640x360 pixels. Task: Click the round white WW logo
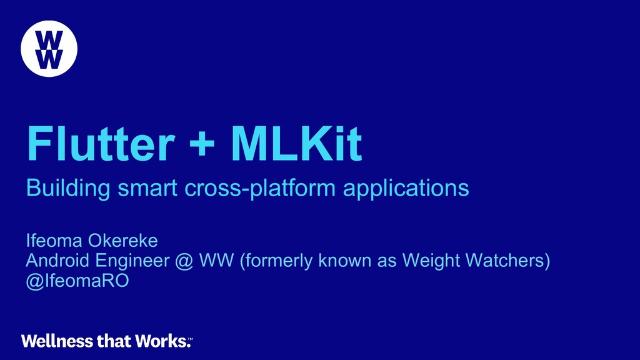(x=49, y=49)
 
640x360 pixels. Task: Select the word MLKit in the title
(x=296, y=145)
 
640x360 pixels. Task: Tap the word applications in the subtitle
(x=406, y=187)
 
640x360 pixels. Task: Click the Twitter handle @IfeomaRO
(x=77, y=281)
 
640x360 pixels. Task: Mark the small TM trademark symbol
(x=191, y=338)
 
